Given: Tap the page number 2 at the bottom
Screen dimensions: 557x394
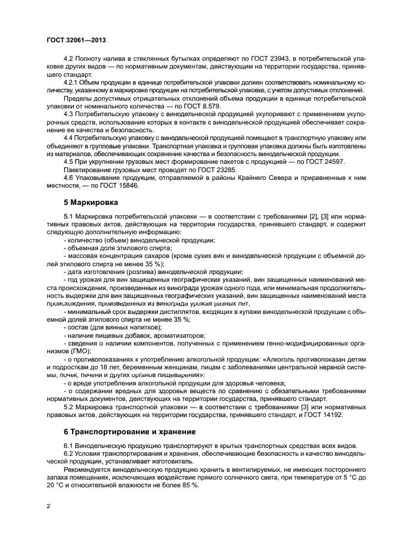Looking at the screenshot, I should (x=48, y=506).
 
